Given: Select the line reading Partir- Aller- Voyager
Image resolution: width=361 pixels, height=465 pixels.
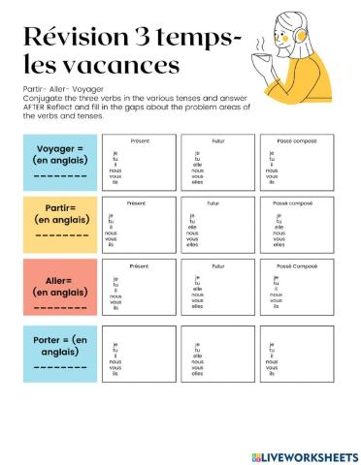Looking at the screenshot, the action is click(56, 88).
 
